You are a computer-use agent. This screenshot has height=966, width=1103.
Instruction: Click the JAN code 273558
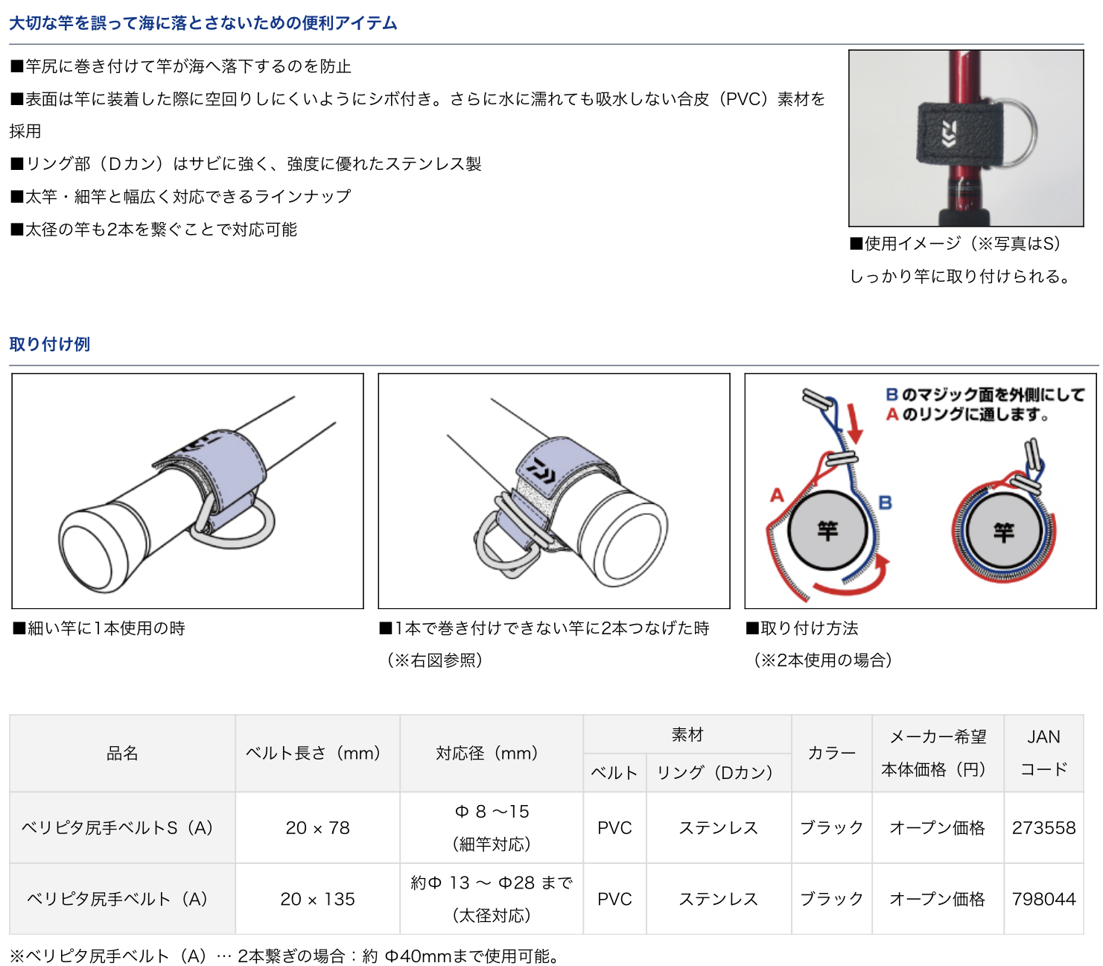[x=1043, y=827]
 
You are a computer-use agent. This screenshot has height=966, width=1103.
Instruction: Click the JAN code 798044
[x=1043, y=898]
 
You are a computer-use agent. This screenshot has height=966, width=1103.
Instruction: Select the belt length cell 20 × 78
[x=317, y=827]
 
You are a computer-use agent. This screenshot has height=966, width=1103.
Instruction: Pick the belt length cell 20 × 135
[x=317, y=898]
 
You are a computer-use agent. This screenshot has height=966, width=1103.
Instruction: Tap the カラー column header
[x=830, y=752]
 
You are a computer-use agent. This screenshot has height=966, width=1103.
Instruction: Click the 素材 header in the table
[x=687, y=734]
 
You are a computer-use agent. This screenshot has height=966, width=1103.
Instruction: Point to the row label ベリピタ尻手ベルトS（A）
[x=117, y=827]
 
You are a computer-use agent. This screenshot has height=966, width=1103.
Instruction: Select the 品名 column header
[x=122, y=752]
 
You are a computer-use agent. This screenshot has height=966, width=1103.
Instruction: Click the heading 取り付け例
[x=50, y=344]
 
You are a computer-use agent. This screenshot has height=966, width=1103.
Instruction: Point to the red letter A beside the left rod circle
[x=776, y=494]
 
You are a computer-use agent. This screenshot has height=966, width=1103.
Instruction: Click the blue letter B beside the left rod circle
[x=885, y=502]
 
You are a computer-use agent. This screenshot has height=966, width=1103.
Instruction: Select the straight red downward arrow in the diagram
[x=854, y=424]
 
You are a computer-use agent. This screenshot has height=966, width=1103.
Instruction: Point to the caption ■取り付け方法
[x=801, y=628]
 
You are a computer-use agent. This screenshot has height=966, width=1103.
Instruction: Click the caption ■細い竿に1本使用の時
[x=98, y=628]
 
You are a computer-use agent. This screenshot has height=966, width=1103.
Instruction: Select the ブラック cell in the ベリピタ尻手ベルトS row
[x=830, y=827]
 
